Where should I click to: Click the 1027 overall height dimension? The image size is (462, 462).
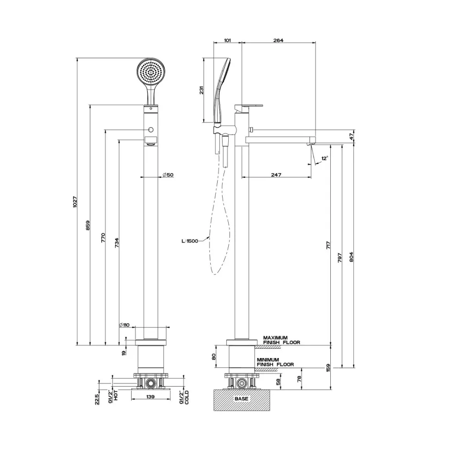75,202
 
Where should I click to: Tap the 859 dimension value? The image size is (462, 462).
87,225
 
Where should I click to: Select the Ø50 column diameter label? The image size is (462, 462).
168,175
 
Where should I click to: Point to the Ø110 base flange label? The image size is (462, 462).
124,325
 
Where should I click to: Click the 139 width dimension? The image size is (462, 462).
150,396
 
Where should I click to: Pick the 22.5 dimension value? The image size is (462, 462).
97,399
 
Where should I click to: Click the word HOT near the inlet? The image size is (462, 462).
116,395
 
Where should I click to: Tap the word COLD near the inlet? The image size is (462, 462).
187,397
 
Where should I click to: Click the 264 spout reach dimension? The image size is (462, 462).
278,40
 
